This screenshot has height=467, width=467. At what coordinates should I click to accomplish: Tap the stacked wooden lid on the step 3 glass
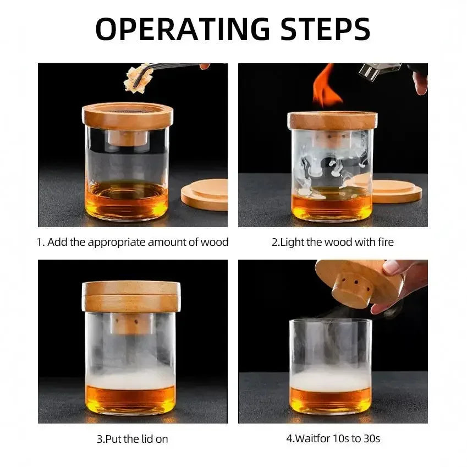[x=131, y=296]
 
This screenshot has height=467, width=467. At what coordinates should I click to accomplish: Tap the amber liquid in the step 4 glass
[x=330, y=400]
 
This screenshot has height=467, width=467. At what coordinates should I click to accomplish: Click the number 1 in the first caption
[x=40, y=243]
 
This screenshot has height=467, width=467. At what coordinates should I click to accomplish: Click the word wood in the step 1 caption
[x=216, y=243]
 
